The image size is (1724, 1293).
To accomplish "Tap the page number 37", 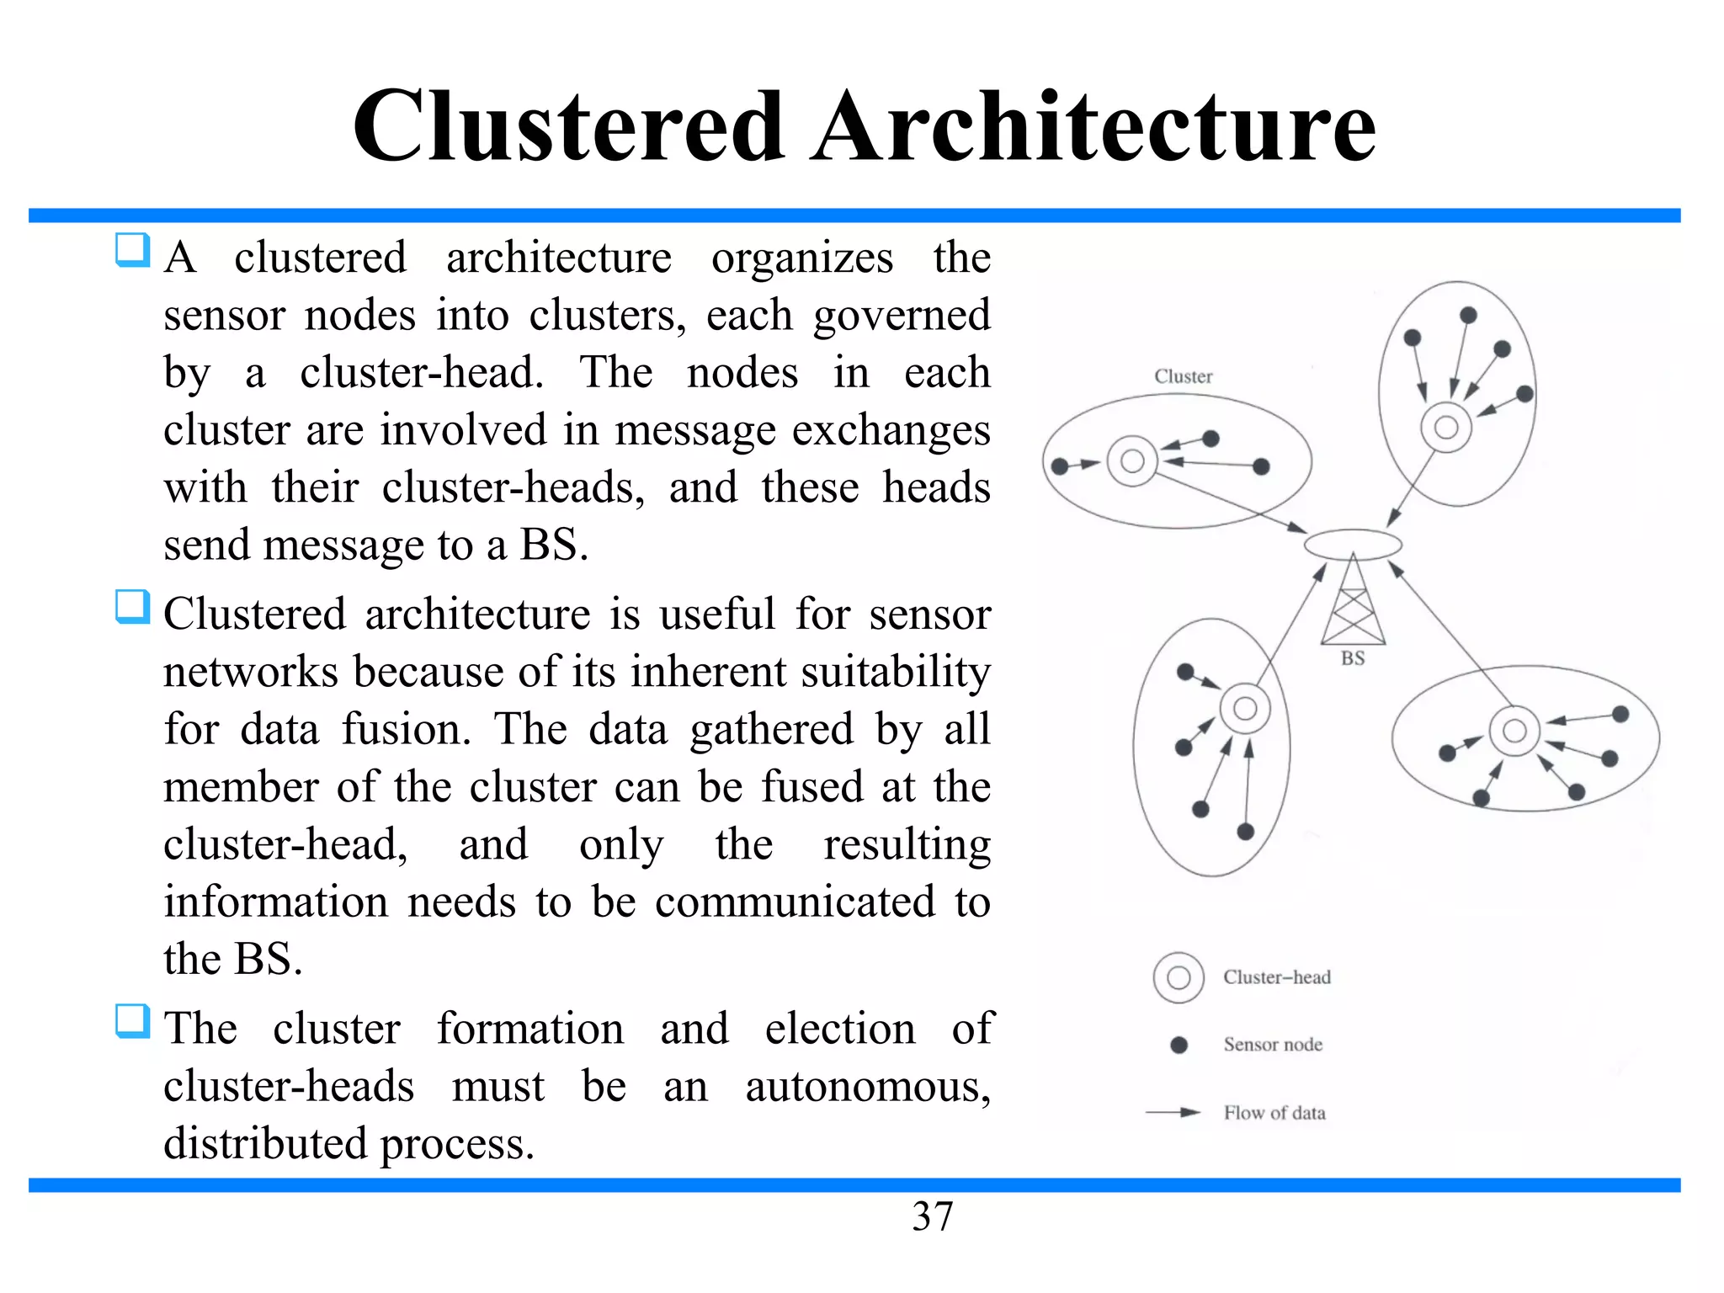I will point(932,1216).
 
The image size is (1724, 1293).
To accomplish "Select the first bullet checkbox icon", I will point(132,250).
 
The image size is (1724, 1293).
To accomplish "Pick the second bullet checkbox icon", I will point(132,607).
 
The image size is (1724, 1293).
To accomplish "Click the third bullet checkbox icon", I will point(132,1021).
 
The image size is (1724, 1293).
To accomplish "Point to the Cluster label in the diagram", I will point(1183,376).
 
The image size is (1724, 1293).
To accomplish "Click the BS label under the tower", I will point(1352,658).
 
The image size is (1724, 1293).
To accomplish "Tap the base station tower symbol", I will point(1353,602).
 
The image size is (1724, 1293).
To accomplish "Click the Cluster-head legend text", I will point(1276,977).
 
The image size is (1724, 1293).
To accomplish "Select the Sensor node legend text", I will point(1272,1045).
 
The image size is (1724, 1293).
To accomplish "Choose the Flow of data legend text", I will point(1274,1113).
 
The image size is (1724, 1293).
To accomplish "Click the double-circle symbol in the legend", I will point(1179,977).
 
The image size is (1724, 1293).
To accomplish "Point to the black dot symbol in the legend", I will point(1179,1045).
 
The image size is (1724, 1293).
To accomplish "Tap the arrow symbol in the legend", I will point(1173,1112).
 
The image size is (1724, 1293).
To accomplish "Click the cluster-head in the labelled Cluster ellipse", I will point(1132,460).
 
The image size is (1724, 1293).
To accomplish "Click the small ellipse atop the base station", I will point(1353,544).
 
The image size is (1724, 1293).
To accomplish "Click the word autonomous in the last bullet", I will point(867,1086).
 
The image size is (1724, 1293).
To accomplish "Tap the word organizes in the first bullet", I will point(801,258).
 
